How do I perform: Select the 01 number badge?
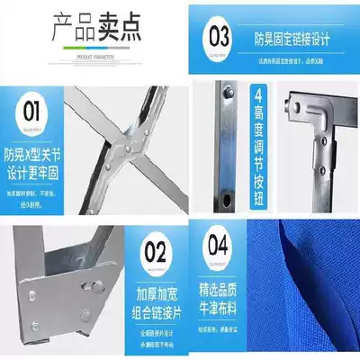tap(30, 113)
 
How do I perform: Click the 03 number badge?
tap(219, 38)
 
